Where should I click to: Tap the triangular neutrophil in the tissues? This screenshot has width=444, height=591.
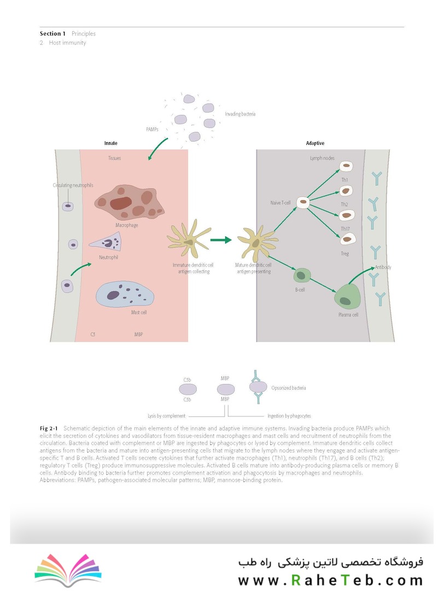pos(107,242)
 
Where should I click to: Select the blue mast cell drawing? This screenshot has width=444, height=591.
pos(125,294)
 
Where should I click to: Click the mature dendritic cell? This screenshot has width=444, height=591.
pos(257,242)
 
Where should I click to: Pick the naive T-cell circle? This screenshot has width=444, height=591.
pos(303,202)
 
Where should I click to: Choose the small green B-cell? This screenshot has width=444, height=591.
pos(302,275)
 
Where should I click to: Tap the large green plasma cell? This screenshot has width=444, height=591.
pos(347,297)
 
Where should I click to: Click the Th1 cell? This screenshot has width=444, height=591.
pos(346,166)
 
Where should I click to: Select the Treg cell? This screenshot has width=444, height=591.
pos(348,239)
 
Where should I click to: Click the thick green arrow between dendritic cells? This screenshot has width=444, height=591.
pos(221,240)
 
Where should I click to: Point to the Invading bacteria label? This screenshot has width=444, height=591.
pos(240,114)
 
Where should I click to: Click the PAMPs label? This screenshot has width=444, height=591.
pos(152,129)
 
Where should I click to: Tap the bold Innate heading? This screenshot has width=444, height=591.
pos(110,143)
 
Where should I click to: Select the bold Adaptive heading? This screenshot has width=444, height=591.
pos(315,143)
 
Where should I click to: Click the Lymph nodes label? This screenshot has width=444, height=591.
pos(322,158)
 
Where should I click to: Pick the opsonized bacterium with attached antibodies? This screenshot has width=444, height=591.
pos(258,387)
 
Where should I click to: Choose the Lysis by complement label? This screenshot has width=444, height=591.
pos(166,416)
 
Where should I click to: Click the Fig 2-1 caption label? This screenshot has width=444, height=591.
pos(49,428)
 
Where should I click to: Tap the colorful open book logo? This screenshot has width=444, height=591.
pos(68,570)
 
